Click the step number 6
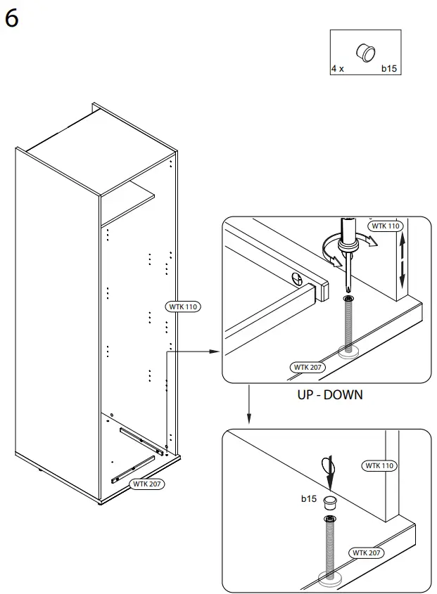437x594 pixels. click(x=12, y=19)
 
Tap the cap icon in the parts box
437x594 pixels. click(x=366, y=52)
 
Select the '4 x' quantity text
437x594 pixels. click(x=337, y=69)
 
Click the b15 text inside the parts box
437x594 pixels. click(x=389, y=69)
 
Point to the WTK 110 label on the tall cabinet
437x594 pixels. click(x=182, y=306)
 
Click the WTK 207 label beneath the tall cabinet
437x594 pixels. click(x=146, y=484)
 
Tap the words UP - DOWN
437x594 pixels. click(x=329, y=395)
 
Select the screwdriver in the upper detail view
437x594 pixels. click(x=347, y=253)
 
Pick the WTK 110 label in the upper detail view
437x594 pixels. click(x=385, y=226)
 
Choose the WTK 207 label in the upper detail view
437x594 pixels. click(x=308, y=368)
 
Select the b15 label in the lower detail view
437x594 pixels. click(x=308, y=499)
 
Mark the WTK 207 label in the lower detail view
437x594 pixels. click(x=367, y=553)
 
